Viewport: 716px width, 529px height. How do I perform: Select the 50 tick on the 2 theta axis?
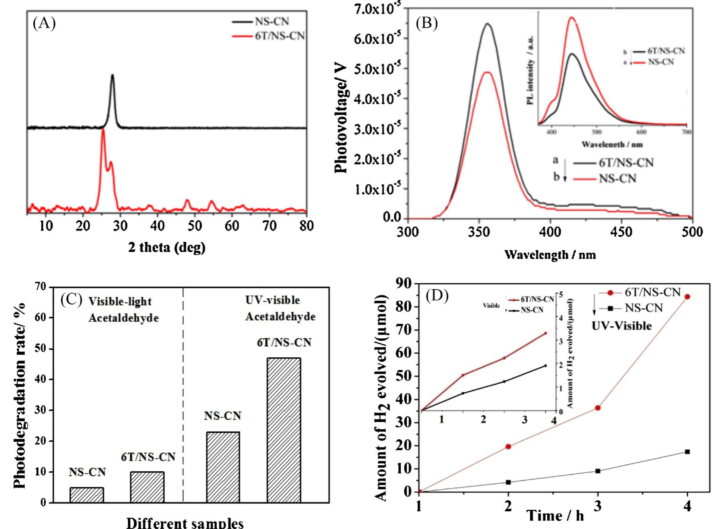coord(195,226)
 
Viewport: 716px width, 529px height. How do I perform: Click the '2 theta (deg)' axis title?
coord(167,247)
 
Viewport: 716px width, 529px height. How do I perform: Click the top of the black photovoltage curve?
coord(488,24)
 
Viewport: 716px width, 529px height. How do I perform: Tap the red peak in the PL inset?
coord(572,18)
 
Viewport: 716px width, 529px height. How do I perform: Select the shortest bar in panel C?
coord(87,495)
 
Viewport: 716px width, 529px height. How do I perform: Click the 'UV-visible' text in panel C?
coord(272,300)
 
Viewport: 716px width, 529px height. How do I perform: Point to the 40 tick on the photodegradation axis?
coord(40,379)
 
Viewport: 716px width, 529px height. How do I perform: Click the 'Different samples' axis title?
coord(185,523)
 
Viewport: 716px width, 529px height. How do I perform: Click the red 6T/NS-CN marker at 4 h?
coord(687,297)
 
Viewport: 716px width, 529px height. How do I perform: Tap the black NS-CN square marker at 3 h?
coord(598,471)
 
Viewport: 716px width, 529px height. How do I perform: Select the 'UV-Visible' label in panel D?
coord(621,326)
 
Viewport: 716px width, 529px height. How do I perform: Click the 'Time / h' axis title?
coord(555,515)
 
